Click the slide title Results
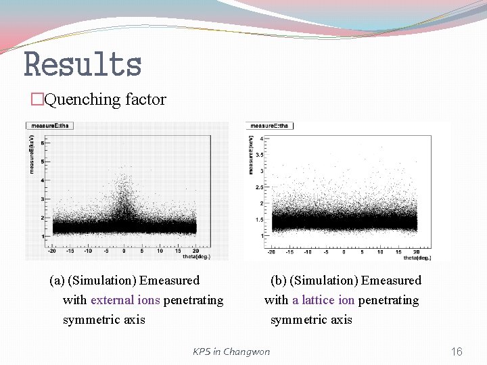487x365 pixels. click(83, 65)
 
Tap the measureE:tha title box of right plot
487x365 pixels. click(270, 125)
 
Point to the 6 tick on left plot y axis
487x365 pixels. click(43, 143)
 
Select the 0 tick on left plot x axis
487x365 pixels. click(124, 251)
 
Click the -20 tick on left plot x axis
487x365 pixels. click(51, 251)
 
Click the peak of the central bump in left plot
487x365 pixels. click(124, 178)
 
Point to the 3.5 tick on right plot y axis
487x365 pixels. click(260, 155)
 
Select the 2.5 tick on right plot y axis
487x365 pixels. click(260, 187)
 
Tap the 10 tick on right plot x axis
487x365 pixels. click(380, 252)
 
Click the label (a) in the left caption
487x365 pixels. click(57, 281)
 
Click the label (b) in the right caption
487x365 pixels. click(278, 281)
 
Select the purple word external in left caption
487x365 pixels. click(114, 300)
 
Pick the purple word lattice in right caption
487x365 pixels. click(317, 300)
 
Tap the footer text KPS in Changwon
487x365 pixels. click(231, 351)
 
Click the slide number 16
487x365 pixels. click(457, 351)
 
